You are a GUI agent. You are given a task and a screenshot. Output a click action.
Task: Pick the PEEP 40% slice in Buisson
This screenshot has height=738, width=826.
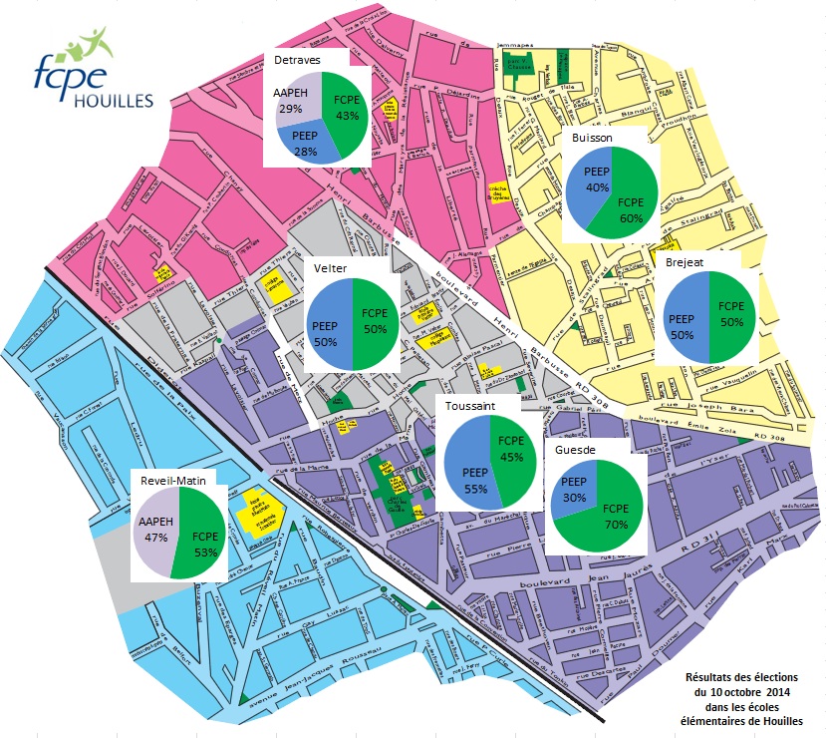588,180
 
